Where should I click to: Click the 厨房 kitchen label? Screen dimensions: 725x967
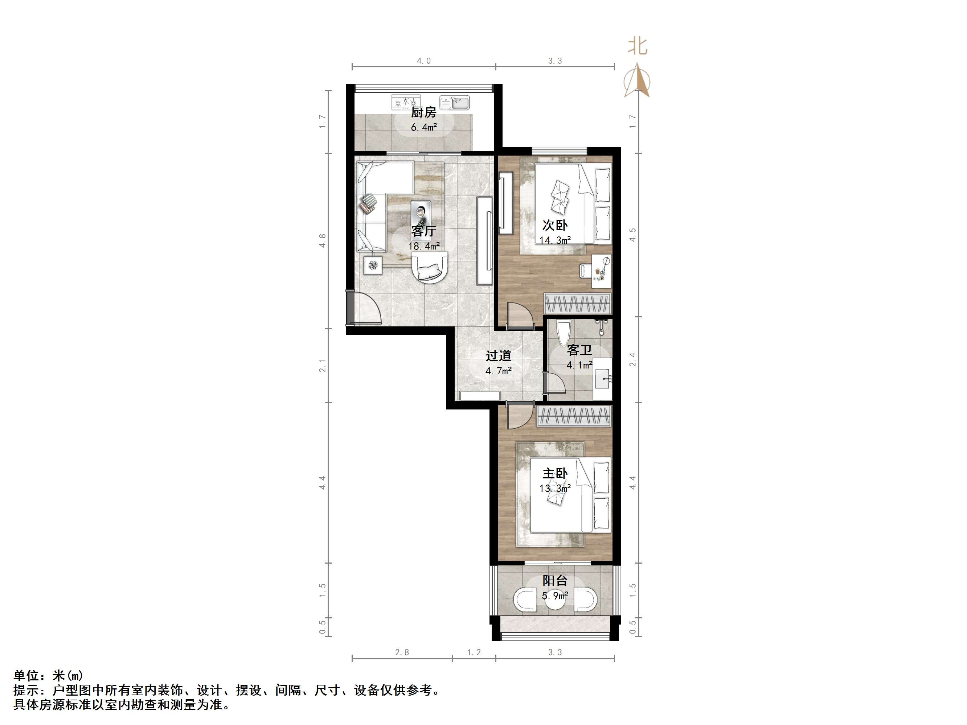point(423,112)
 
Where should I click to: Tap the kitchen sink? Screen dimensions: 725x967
point(454,103)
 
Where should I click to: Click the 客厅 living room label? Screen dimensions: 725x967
point(423,231)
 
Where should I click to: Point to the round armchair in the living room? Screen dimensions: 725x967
point(124,267)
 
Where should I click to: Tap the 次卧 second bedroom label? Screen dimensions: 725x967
point(555,225)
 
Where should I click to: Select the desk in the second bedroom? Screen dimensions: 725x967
point(601,271)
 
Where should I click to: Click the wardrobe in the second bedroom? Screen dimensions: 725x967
point(577,303)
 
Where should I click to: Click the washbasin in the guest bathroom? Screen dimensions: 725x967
point(604,378)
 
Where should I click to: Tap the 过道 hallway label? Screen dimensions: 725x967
point(498,356)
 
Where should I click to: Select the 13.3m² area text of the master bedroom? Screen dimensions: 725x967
point(555,488)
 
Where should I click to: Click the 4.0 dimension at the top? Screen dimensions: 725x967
point(423,61)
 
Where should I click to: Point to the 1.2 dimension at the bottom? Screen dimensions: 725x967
point(474,652)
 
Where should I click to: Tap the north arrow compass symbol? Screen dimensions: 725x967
point(638,81)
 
